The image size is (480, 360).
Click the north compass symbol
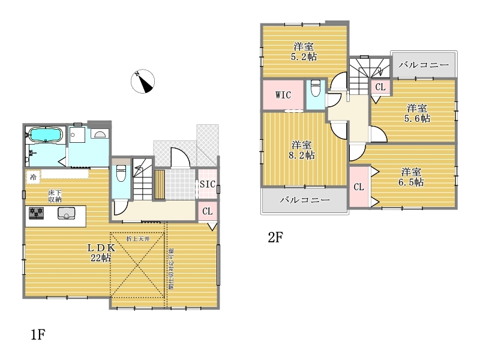[143, 82]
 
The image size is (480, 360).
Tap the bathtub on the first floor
[46, 134]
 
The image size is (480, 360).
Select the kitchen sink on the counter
[66, 214]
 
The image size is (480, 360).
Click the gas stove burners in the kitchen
[36, 213]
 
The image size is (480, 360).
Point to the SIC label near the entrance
[208, 184]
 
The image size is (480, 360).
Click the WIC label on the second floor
[283, 95]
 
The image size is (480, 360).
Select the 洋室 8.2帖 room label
[302, 150]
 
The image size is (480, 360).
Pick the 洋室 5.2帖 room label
[304, 52]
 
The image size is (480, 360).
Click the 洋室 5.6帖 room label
[417, 113]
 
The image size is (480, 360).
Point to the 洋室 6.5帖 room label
[411, 177]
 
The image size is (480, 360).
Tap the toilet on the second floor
[316, 88]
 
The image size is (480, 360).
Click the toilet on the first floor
[121, 173]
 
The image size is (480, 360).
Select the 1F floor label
[38, 334]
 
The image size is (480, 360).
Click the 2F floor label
[275, 237]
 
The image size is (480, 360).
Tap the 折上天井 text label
[138, 238]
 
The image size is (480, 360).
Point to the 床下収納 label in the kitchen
[55, 196]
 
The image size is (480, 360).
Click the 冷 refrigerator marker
[33, 177]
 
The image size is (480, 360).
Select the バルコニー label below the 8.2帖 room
[305, 200]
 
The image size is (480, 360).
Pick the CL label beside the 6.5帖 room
[359, 187]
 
